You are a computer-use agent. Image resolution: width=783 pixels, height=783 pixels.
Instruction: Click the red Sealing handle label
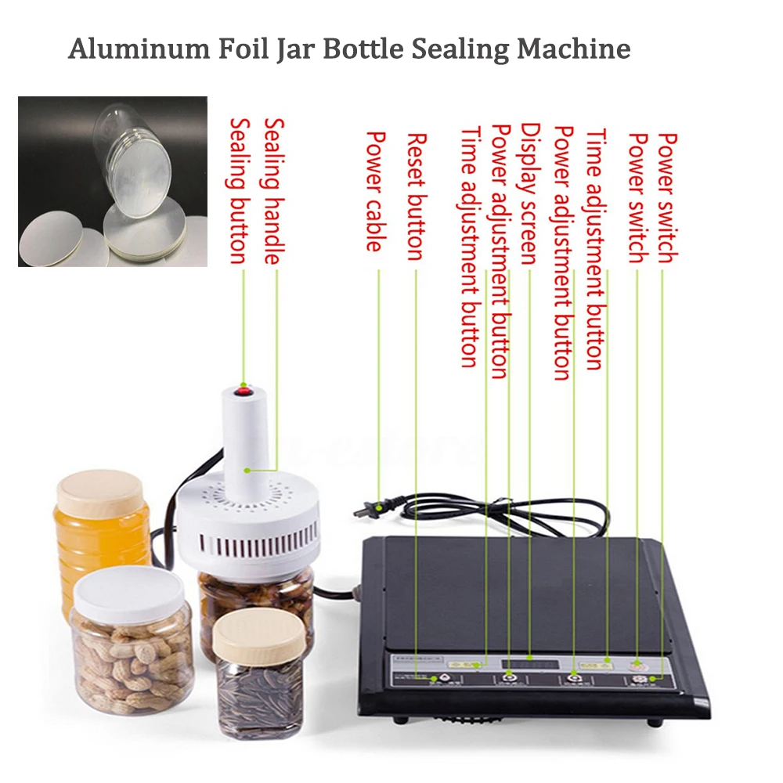coord(273,191)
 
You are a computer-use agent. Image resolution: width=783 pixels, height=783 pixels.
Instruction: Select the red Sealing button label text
coord(238,191)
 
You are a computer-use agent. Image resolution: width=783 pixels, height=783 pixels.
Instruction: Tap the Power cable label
coord(376,191)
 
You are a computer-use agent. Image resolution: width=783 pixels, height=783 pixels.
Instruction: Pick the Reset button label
coord(416,196)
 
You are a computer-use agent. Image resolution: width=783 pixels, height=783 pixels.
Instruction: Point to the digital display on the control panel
coord(530,663)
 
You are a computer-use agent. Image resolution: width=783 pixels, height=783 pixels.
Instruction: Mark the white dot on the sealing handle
coord(246,470)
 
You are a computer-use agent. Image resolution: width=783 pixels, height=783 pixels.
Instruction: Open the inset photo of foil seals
coord(113,181)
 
